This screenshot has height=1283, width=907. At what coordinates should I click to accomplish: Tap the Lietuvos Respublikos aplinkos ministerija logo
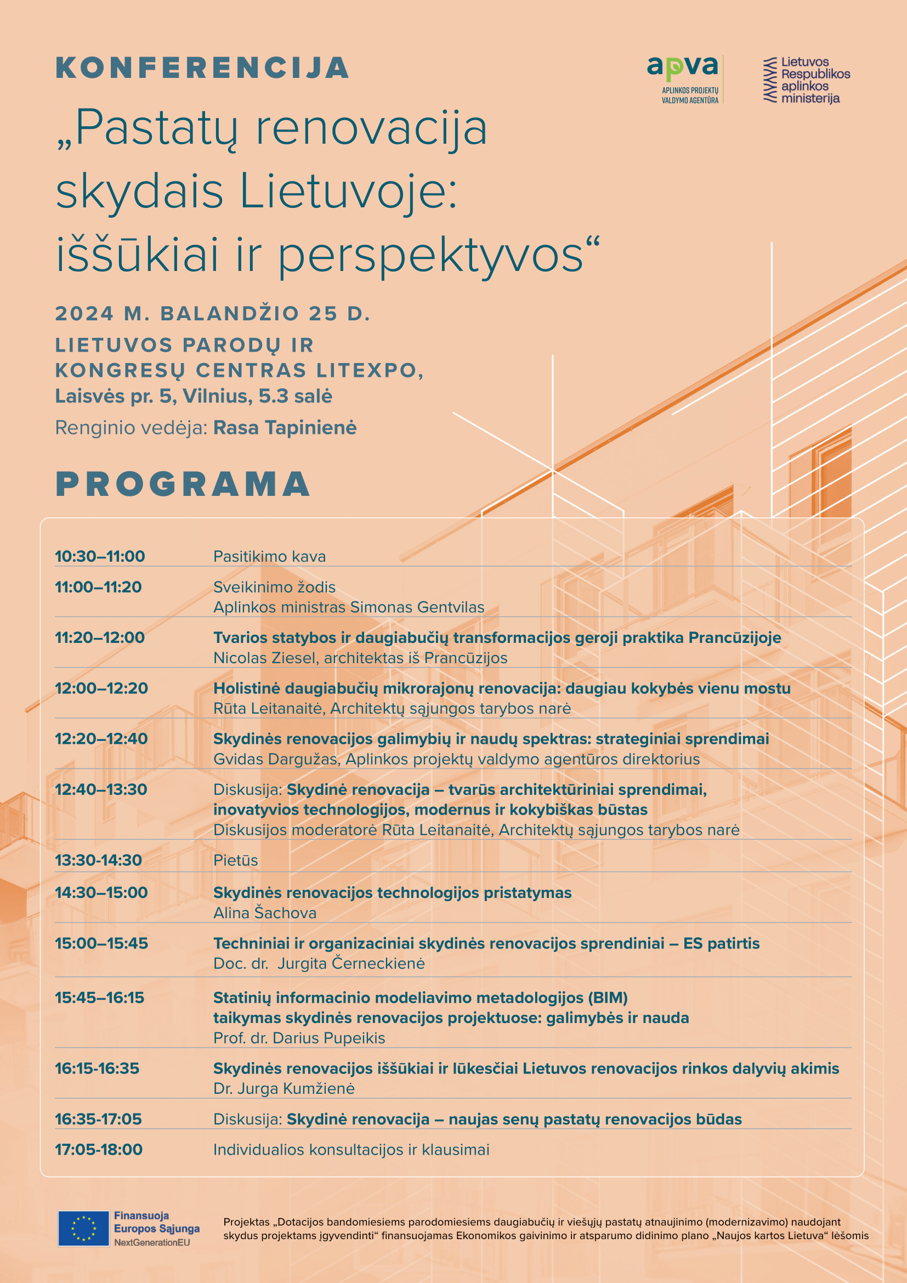click(807, 80)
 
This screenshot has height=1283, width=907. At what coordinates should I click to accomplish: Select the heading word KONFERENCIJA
click(202, 68)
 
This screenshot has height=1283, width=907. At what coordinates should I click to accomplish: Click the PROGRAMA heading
click(183, 484)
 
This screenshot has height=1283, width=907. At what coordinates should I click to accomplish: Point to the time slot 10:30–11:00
click(99, 557)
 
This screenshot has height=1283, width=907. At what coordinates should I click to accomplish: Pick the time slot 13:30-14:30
click(98, 860)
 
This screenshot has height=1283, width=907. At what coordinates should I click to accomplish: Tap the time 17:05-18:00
click(98, 1150)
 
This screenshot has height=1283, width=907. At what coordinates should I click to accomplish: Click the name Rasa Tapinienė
click(285, 427)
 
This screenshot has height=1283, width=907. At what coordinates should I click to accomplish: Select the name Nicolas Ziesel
click(265, 658)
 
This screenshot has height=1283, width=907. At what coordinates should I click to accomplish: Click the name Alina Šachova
click(265, 913)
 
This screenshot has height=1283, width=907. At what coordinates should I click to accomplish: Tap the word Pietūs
click(236, 860)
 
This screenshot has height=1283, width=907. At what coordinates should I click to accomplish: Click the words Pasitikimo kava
click(269, 557)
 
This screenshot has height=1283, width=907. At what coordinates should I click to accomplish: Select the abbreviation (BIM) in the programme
click(608, 997)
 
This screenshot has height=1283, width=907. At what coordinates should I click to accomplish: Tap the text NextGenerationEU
click(152, 1242)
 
